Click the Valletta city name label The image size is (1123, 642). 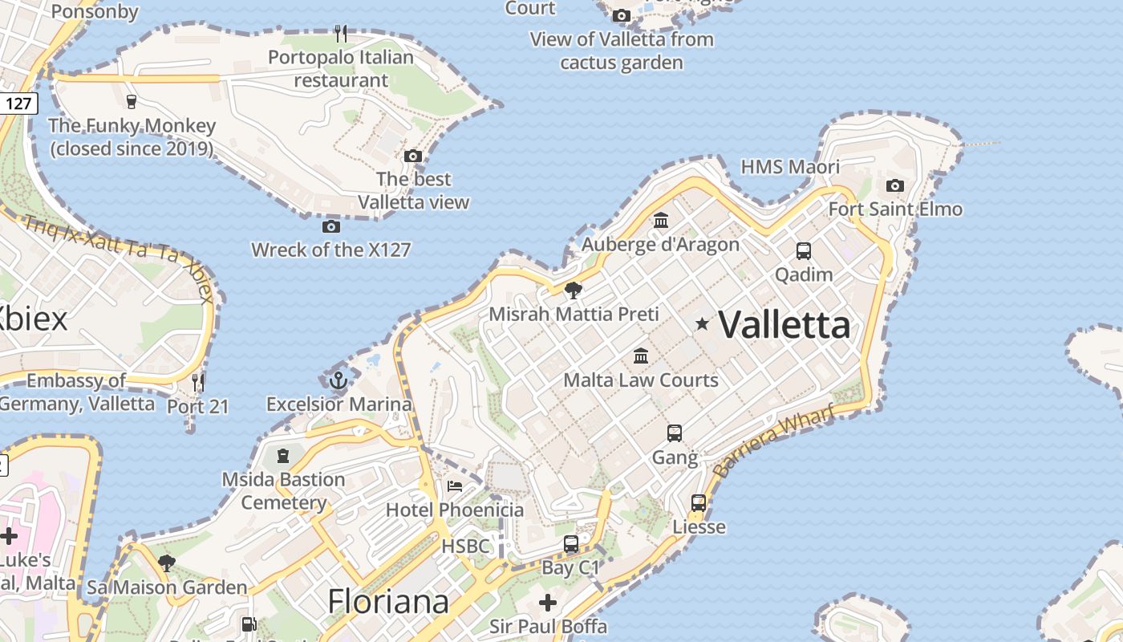pos(784,325)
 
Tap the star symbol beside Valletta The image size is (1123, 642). pos(702,323)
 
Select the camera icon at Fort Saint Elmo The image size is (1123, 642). pos(894,186)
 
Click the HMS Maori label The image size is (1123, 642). pos(790,167)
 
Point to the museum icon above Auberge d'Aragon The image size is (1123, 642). pos(661,220)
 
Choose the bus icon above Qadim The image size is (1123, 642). pos(804,250)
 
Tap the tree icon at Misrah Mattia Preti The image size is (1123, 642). pos(573,290)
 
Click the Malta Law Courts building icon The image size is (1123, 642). pos(641,356)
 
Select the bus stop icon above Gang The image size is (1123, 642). pos(675,433)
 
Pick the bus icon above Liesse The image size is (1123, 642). pos(699,503)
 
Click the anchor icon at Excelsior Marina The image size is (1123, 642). pos(339,380)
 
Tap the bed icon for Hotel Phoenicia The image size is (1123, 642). pos(455,486)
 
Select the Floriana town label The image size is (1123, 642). pos(388,602)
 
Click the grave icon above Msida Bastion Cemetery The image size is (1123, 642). pos(282,456)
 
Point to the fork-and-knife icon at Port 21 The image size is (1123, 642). pos(198,382)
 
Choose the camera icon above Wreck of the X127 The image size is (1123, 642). pos(330,227)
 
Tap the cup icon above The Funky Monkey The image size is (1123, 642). pos(132,101)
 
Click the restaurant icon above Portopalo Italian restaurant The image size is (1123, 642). pos(341,33)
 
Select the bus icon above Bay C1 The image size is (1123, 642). pos(571,544)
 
